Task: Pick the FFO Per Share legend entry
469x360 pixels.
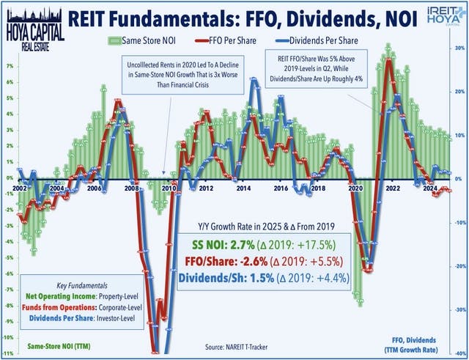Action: pos(242,37)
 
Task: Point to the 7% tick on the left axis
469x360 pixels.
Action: pos(7,65)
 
